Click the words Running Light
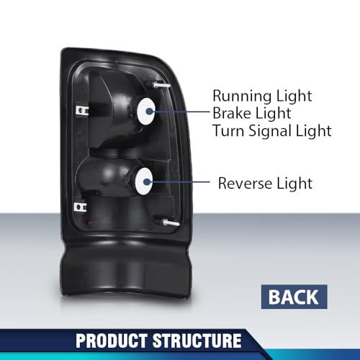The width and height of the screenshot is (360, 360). [262, 96]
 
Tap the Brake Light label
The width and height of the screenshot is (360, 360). [252, 113]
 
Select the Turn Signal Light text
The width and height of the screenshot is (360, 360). [272, 131]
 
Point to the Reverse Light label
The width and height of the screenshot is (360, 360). [265, 184]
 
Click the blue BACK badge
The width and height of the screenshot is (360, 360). [294, 297]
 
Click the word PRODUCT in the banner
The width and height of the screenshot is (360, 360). [112, 341]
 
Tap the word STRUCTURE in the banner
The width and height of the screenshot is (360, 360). [197, 341]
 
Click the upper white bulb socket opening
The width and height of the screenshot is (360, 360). [146, 112]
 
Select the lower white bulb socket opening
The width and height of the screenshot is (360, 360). [143, 181]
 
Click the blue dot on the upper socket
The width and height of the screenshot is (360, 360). [149, 112]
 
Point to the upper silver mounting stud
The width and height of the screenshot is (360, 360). [161, 85]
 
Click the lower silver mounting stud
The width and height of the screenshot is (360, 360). [170, 223]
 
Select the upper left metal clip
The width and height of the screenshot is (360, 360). [82, 111]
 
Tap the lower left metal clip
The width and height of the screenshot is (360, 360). [80, 207]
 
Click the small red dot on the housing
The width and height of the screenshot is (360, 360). [90, 223]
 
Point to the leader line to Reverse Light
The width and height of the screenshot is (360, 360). [178, 182]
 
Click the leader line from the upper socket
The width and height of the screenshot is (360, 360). [179, 112]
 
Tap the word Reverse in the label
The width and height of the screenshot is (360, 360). [245, 184]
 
